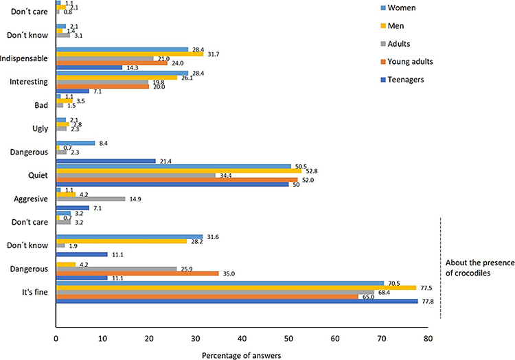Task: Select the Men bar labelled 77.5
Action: [x=236, y=286]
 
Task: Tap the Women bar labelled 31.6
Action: [x=129, y=238]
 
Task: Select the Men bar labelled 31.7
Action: [x=129, y=54]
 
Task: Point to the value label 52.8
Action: [x=310, y=170]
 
